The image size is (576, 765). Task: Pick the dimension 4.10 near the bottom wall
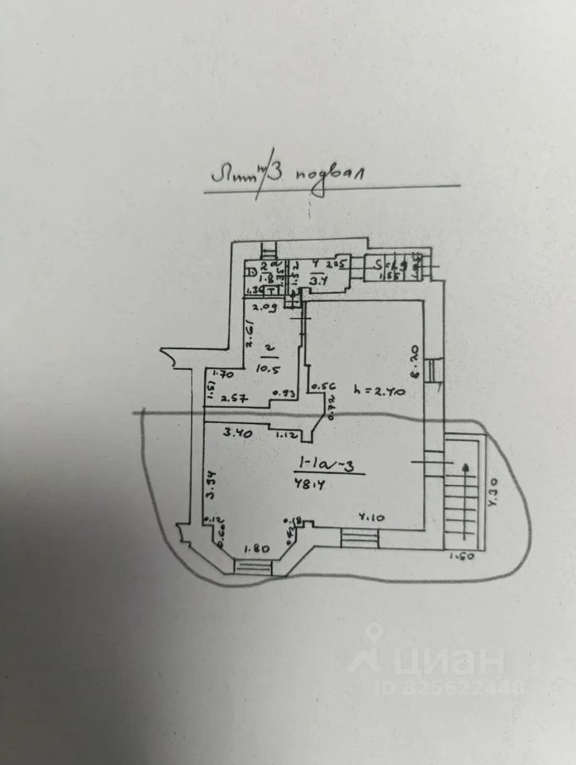coord(372,517)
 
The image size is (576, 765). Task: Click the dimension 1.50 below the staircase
coord(461,556)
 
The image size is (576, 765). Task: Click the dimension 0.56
coord(320,388)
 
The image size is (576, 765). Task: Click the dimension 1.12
coord(287,436)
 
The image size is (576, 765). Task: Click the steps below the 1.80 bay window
coord(254,567)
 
